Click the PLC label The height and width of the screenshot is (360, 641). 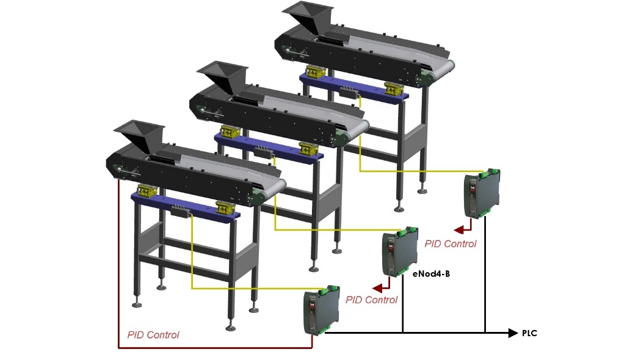(529, 333)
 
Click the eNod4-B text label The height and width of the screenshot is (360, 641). (431, 274)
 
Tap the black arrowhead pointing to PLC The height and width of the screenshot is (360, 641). (513, 333)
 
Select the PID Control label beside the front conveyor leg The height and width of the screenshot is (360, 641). (153, 335)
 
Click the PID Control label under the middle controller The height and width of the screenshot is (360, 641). (371, 300)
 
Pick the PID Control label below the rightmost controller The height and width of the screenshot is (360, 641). (451, 244)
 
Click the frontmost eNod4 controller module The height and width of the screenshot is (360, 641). (321, 310)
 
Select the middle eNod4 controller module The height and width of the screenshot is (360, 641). (400, 251)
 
